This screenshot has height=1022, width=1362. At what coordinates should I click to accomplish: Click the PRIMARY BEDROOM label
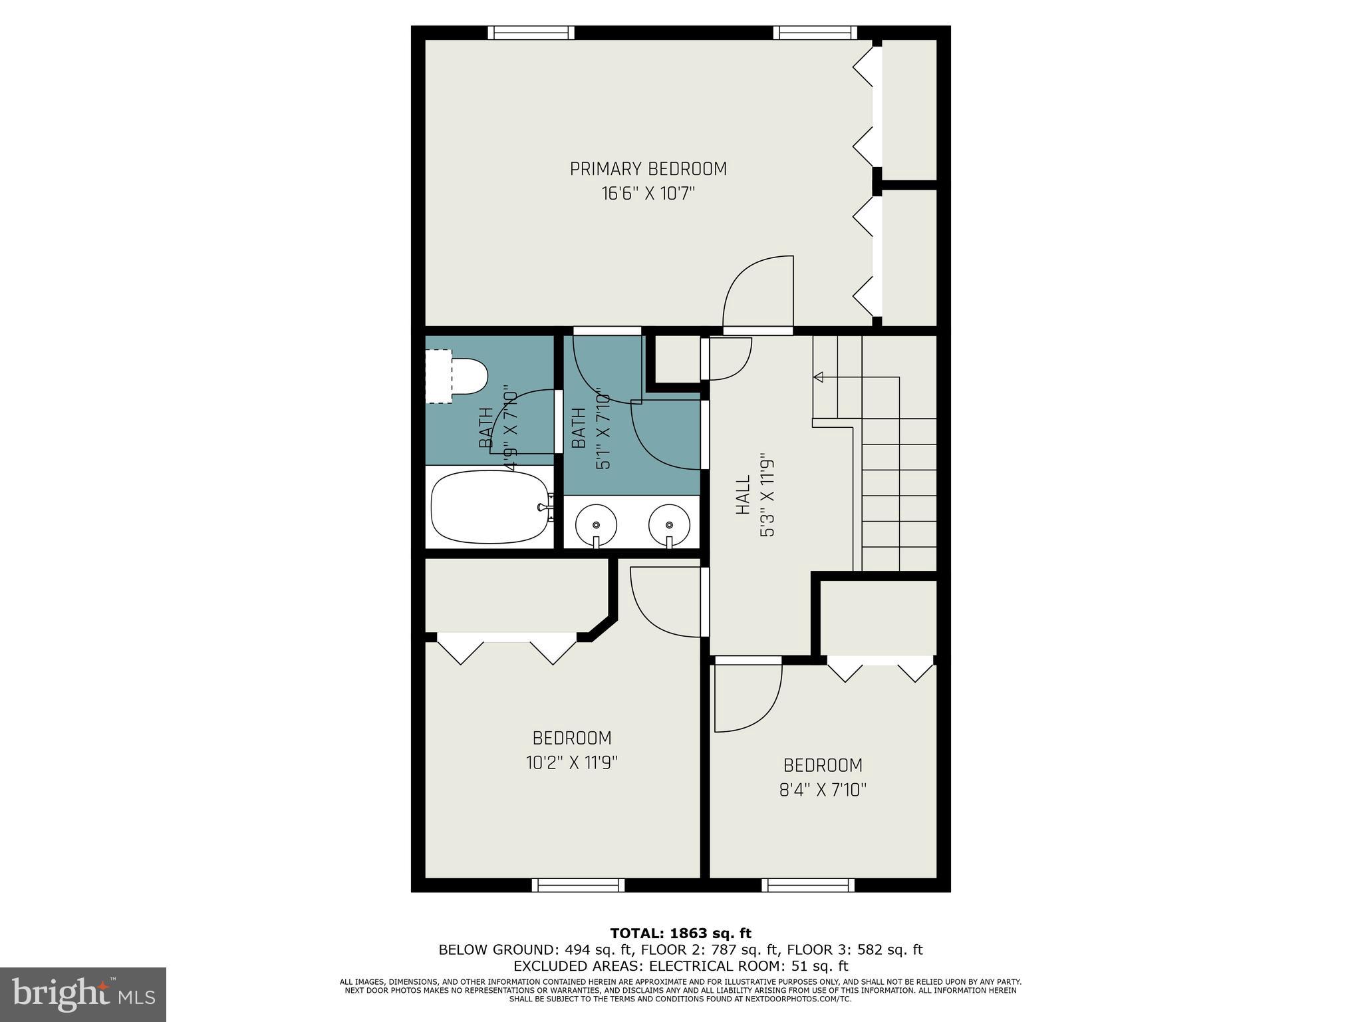pyautogui.click(x=648, y=169)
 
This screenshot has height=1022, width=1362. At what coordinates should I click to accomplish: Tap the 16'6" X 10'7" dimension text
pyautogui.click(x=648, y=194)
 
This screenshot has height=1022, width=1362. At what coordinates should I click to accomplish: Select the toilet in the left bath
pyautogui.click(x=468, y=376)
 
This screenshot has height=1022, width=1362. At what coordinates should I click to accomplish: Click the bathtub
pyautogui.click(x=491, y=507)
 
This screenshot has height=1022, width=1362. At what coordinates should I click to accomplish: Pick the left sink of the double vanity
pyautogui.click(x=596, y=521)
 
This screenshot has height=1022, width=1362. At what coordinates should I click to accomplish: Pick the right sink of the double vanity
pyautogui.click(x=669, y=521)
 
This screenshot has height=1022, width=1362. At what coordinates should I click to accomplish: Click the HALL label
pyautogui.click(x=743, y=494)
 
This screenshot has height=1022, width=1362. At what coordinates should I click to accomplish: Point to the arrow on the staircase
pyautogui.click(x=819, y=377)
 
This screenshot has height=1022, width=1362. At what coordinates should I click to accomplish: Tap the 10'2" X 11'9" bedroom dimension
pyautogui.click(x=572, y=763)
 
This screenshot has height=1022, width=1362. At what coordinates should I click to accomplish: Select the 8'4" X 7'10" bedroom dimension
pyautogui.click(x=823, y=790)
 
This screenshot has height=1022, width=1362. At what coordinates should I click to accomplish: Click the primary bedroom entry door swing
pyautogui.click(x=759, y=293)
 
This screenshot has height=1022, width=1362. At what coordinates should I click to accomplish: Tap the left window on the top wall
pyautogui.click(x=531, y=33)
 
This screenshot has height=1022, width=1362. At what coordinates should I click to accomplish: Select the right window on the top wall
pyautogui.click(x=815, y=33)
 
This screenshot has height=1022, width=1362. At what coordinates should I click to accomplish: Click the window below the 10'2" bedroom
pyautogui.click(x=578, y=885)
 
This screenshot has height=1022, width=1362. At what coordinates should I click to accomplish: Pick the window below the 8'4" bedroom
pyautogui.click(x=808, y=885)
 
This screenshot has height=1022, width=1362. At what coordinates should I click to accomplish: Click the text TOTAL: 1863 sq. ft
pyautogui.click(x=680, y=934)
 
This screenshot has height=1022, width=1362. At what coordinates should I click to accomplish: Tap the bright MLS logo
pyautogui.click(x=82, y=994)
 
